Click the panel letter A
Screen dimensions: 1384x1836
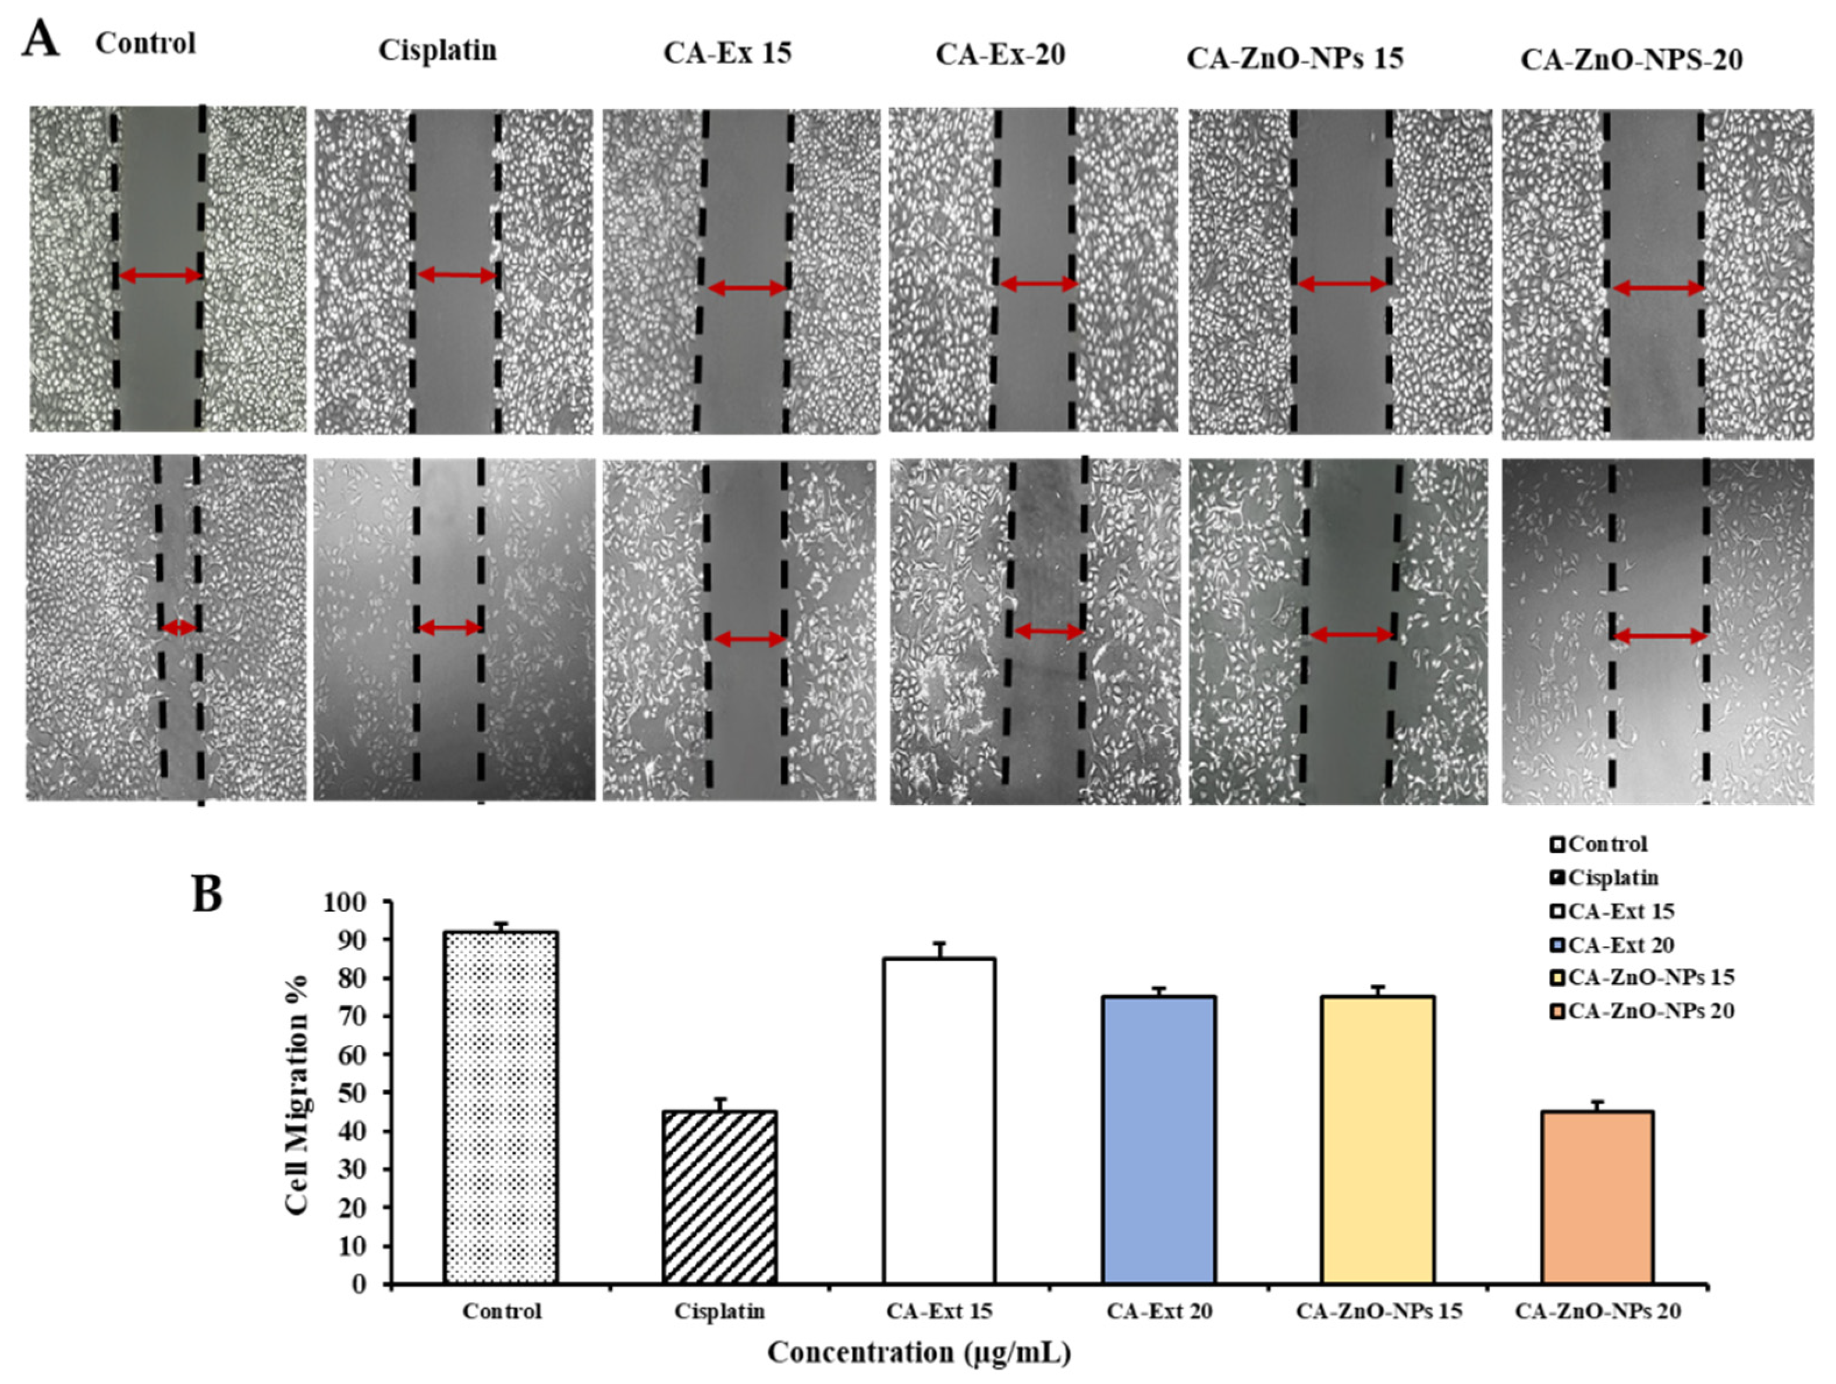click(41, 39)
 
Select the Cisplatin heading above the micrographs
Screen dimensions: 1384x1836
click(438, 51)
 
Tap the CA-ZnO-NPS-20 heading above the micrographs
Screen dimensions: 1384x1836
click(1631, 60)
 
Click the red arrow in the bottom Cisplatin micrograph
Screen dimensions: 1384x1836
click(449, 628)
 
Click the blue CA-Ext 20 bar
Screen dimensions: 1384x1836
click(1160, 1140)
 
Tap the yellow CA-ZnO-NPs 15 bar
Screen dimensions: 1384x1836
click(1378, 1140)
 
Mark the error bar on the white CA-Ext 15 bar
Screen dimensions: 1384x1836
click(940, 949)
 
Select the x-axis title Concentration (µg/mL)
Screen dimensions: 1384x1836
click(919, 1353)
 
